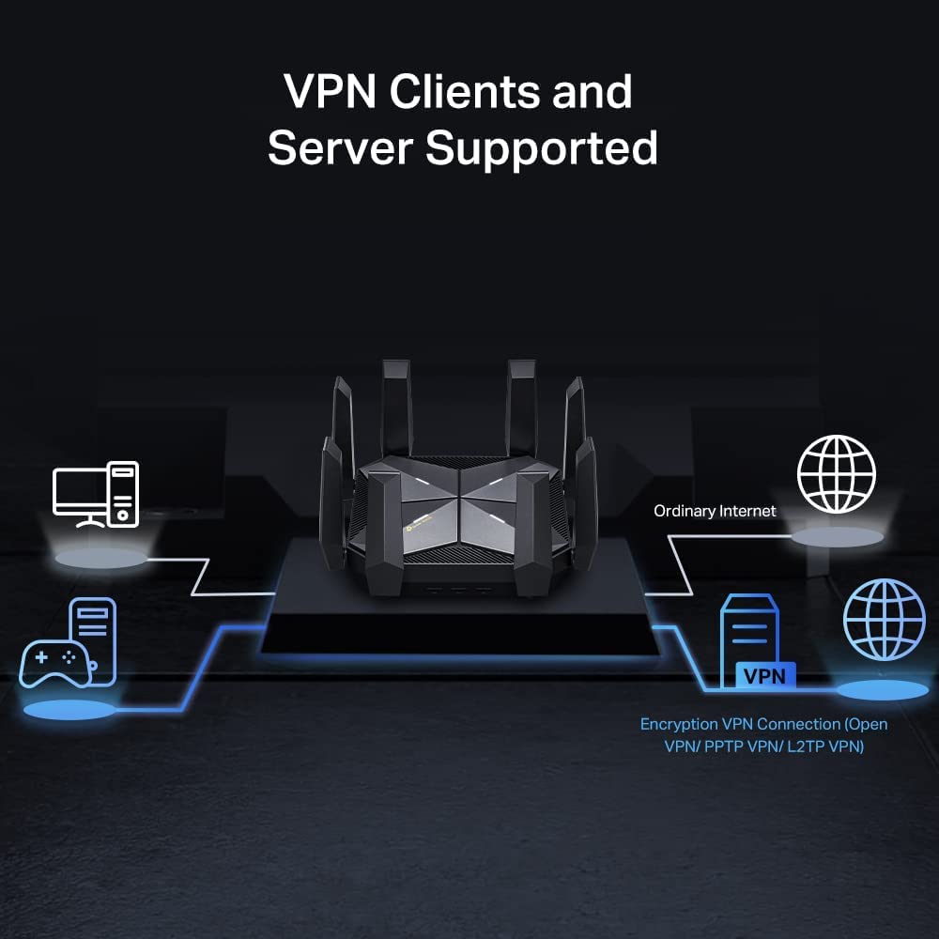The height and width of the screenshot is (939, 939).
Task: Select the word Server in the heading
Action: point(340,147)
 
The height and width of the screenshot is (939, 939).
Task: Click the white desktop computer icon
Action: point(96,493)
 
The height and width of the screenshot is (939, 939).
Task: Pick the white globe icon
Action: point(836,472)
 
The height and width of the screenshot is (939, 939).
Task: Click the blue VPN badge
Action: point(763,674)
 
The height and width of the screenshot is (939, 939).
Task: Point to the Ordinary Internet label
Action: point(716,511)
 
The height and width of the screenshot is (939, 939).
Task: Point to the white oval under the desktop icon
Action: point(100,557)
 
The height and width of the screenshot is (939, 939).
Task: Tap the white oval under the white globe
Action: point(838,536)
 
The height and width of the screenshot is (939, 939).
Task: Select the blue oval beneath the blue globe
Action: point(882,690)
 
